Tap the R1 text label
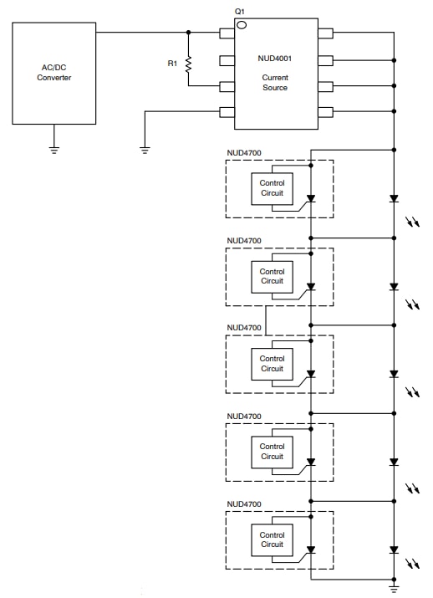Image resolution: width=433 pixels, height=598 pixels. [x=172, y=62]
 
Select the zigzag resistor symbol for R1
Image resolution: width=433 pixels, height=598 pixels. [x=189, y=63]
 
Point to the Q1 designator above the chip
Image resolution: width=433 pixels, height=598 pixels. [x=240, y=11]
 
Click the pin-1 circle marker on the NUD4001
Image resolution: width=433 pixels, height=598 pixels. [x=242, y=25]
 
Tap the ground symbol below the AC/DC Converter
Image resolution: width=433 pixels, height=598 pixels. [x=54, y=150]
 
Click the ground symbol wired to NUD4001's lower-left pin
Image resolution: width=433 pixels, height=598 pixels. [x=145, y=150]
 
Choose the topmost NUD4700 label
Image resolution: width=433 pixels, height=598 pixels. [x=243, y=152]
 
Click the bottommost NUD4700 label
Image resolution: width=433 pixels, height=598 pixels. [x=243, y=503]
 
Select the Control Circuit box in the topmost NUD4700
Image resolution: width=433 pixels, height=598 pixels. [x=272, y=188]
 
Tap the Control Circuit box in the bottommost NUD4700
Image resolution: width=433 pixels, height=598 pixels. [x=272, y=539]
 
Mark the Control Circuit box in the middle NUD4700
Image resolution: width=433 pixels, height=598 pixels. [x=272, y=364]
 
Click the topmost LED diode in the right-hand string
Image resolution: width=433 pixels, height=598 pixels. [x=394, y=199]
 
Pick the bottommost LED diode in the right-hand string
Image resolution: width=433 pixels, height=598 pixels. [x=394, y=549]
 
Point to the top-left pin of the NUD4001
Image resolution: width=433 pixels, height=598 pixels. [x=227, y=33]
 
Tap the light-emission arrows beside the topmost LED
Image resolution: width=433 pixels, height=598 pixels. [x=411, y=221]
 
